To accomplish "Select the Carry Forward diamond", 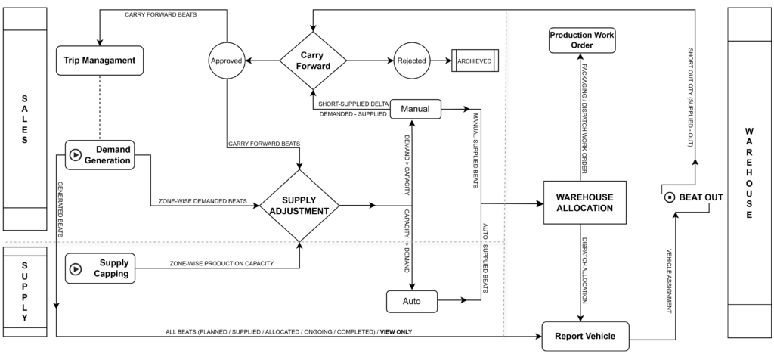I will point(312,60).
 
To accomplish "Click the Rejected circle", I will point(411,60).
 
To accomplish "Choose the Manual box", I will point(415,109).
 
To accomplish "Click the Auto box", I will point(411,302).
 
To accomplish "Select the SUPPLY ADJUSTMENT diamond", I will point(300,205).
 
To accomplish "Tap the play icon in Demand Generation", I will point(76,154).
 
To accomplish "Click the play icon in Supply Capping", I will point(76,268).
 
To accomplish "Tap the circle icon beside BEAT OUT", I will point(669,198).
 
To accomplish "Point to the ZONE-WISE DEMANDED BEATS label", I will point(203,201).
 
